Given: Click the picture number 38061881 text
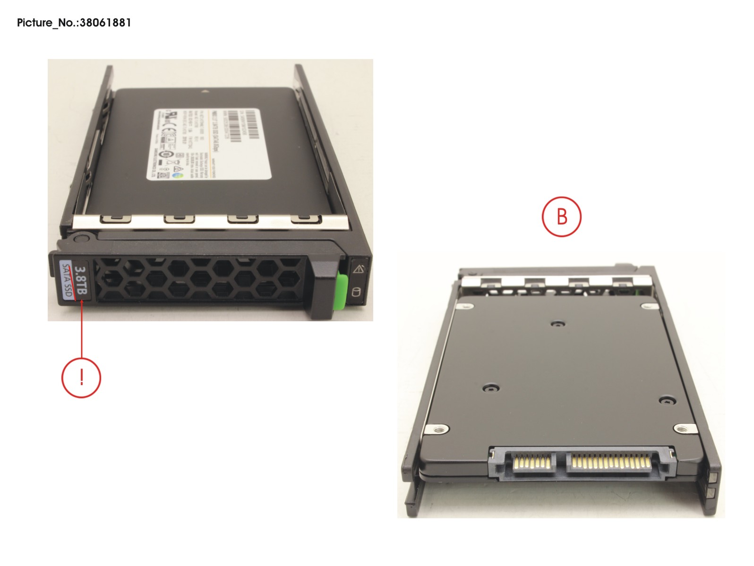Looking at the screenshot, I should [74, 23].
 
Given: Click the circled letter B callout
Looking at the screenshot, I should [561, 217].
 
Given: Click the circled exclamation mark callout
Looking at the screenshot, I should [81, 378].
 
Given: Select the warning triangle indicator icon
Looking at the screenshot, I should [358, 269].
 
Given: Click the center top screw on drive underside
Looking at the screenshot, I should [558, 324].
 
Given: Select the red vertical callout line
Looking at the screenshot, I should [82, 331].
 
